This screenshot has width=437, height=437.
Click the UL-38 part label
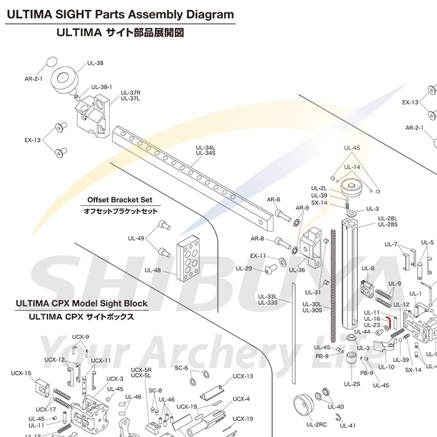click(96, 63)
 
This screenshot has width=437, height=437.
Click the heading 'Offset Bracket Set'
click(120, 200)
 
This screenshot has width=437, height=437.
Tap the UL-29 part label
click(244, 268)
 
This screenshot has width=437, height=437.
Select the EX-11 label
click(258, 255)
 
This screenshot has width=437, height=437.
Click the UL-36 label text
click(297, 270)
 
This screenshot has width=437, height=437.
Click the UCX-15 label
click(21, 373)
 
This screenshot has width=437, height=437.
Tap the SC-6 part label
click(181, 350)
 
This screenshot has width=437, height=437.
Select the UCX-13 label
click(243, 376)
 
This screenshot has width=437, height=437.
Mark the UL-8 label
click(368, 269)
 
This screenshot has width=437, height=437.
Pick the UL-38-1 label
click(102, 87)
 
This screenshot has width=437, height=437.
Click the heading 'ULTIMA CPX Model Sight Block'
click(81, 304)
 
